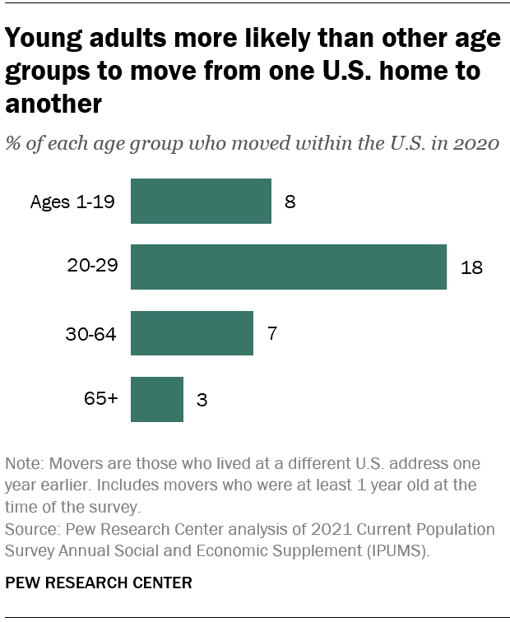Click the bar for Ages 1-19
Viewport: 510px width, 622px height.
(201, 201)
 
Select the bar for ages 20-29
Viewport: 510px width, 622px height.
(288, 267)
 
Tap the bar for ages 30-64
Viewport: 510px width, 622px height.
(192, 332)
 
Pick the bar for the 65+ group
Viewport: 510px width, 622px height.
(157, 399)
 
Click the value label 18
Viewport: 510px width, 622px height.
(471, 267)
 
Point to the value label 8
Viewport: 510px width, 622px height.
(290, 202)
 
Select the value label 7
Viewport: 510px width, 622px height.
(271, 333)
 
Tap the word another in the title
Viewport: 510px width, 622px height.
(53, 104)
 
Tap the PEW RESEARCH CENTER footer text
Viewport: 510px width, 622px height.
(99, 583)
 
